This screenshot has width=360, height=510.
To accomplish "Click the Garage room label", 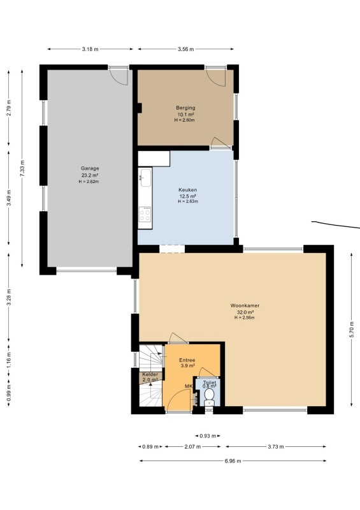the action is click(90, 168).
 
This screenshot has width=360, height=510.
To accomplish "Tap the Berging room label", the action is click(185, 108).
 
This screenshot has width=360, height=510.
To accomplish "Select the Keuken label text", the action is click(187, 190).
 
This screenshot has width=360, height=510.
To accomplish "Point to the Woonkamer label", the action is click(245, 306).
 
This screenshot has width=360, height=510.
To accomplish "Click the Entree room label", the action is click(187, 360).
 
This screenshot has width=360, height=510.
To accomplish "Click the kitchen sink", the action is click(145, 178).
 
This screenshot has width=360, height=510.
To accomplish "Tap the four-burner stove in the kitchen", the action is click(145, 214).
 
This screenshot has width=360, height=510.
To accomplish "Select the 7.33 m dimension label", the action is click(22, 168).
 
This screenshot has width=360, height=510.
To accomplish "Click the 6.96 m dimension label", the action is click(233, 461).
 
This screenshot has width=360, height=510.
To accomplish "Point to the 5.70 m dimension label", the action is click(352, 330).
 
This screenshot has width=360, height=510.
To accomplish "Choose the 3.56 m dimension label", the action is click(185, 50).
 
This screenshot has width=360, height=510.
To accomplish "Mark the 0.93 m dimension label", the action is click(208, 436).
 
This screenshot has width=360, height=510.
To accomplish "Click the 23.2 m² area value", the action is click(90, 175).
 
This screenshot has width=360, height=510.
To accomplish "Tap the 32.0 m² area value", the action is click(244, 312).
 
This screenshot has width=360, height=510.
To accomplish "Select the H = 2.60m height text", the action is click(184, 120).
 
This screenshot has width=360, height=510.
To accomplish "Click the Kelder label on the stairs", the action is click(150, 375).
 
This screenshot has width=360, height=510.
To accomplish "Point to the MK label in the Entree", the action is click(189, 386).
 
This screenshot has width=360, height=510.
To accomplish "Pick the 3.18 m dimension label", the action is click(90, 50).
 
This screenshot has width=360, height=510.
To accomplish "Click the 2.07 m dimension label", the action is click(192, 447).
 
